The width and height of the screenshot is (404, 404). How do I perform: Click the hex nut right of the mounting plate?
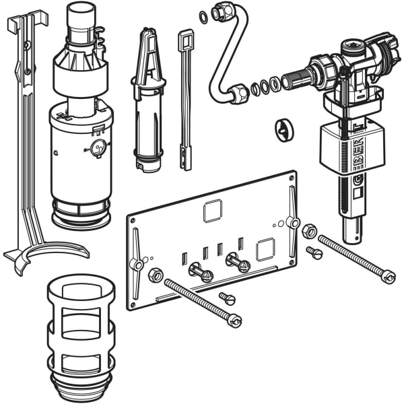(x=310, y=231)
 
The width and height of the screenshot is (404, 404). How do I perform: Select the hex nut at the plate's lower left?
(x=154, y=275)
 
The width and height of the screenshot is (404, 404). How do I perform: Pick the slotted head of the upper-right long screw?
(x=387, y=276)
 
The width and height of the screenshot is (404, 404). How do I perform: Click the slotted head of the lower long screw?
(x=234, y=321)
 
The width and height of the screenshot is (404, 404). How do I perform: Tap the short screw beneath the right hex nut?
(x=314, y=252)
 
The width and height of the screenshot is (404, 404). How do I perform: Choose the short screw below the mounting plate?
(x=227, y=298)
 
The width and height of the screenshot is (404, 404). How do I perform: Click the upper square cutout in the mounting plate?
(x=213, y=211)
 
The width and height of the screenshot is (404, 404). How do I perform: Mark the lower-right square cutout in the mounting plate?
(x=265, y=250)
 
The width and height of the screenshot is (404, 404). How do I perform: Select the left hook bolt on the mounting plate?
(x=199, y=273)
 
